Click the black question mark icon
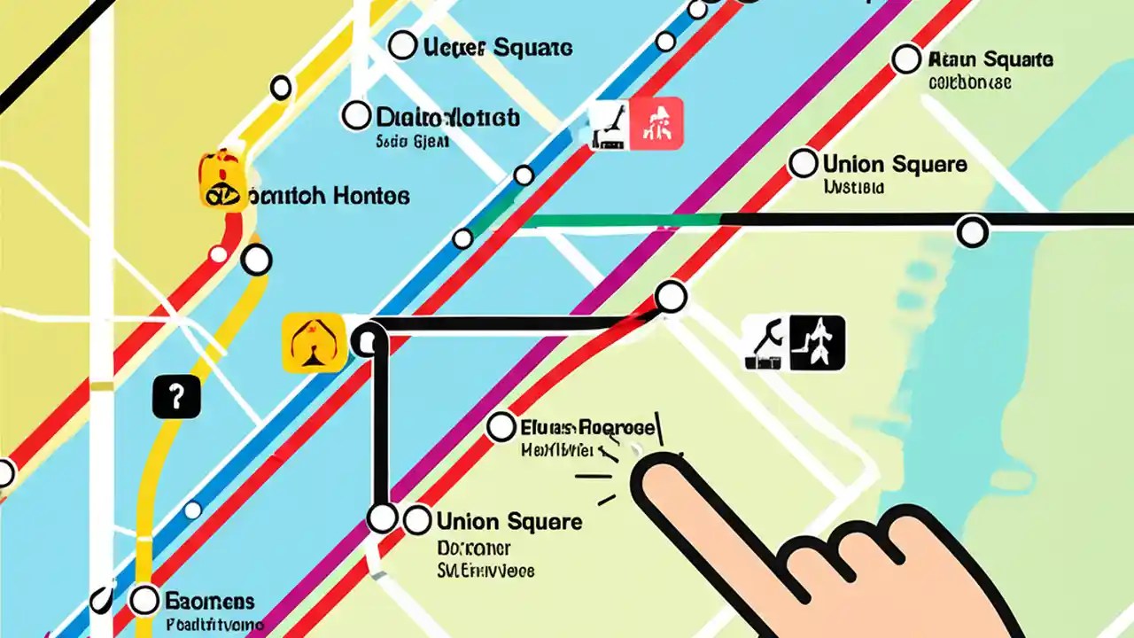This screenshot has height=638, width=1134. (176, 396)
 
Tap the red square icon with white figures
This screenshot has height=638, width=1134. (656, 122)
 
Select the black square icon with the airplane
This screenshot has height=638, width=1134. (818, 343)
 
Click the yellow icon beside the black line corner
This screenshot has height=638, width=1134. (314, 342)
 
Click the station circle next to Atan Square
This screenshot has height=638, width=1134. (905, 59)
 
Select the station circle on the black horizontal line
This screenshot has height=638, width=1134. (973, 232)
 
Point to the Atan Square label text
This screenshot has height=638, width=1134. (990, 60)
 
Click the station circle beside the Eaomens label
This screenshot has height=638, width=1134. (144, 600)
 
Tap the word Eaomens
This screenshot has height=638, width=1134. (210, 602)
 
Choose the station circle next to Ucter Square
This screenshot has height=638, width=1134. (402, 45)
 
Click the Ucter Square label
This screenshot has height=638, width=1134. (498, 48)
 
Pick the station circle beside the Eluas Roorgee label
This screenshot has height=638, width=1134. (501, 427)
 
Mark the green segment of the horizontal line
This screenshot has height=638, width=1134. (620, 220)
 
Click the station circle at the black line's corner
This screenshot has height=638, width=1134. (368, 340)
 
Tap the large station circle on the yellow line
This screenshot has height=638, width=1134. (257, 261)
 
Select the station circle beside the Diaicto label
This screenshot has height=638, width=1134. (356, 115)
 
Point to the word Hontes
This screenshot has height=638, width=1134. (371, 196)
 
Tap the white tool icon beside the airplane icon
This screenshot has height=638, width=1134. (765, 343)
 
